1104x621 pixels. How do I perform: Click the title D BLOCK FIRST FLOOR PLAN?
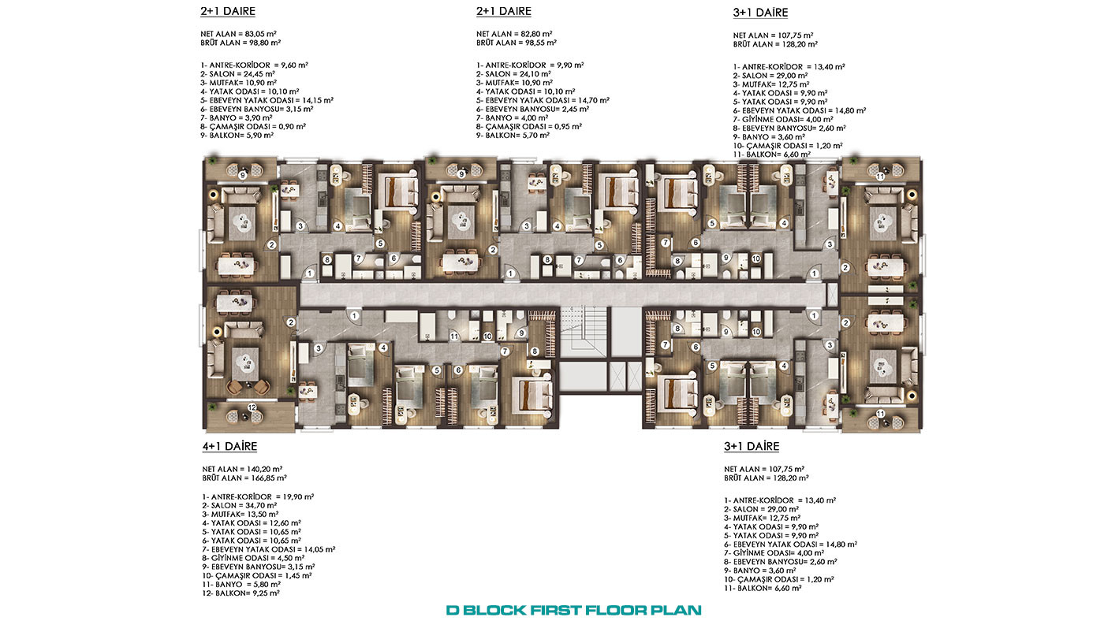[x=574, y=610]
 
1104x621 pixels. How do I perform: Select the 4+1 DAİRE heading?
[x=229, y=446]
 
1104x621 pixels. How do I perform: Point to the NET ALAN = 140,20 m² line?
[x=242, y=470]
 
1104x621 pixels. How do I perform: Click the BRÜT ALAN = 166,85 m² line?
[x=244, y=478]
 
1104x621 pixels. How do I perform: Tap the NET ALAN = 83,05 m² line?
[x=238, y=34]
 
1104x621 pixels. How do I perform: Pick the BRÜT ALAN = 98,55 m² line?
[x=516, y=43]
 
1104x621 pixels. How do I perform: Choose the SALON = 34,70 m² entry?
[x=240, y=506]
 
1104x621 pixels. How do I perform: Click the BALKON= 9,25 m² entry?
[x=241, y=593]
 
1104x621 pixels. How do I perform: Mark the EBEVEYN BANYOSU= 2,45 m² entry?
[x=532, y=110]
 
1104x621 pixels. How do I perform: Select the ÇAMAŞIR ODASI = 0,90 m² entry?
[x=253, y=127]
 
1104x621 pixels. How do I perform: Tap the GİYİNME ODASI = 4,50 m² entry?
[x=253, y=559]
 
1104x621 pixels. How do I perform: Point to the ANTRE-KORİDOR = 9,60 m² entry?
[x=254, y=65]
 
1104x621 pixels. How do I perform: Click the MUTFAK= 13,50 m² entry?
[x=240, y=515]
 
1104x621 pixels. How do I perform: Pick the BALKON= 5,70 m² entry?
[x=513, y=136]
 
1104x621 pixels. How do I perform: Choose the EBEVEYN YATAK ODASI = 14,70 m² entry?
[x=543, y=100]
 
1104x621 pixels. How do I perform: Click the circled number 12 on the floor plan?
[x=252, y=407]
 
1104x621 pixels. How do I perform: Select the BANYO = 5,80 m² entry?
[x=241, y=585]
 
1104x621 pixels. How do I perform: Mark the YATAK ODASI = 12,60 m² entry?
[x=252, y=523]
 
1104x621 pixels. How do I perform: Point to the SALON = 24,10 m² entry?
[x=513, y=74]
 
